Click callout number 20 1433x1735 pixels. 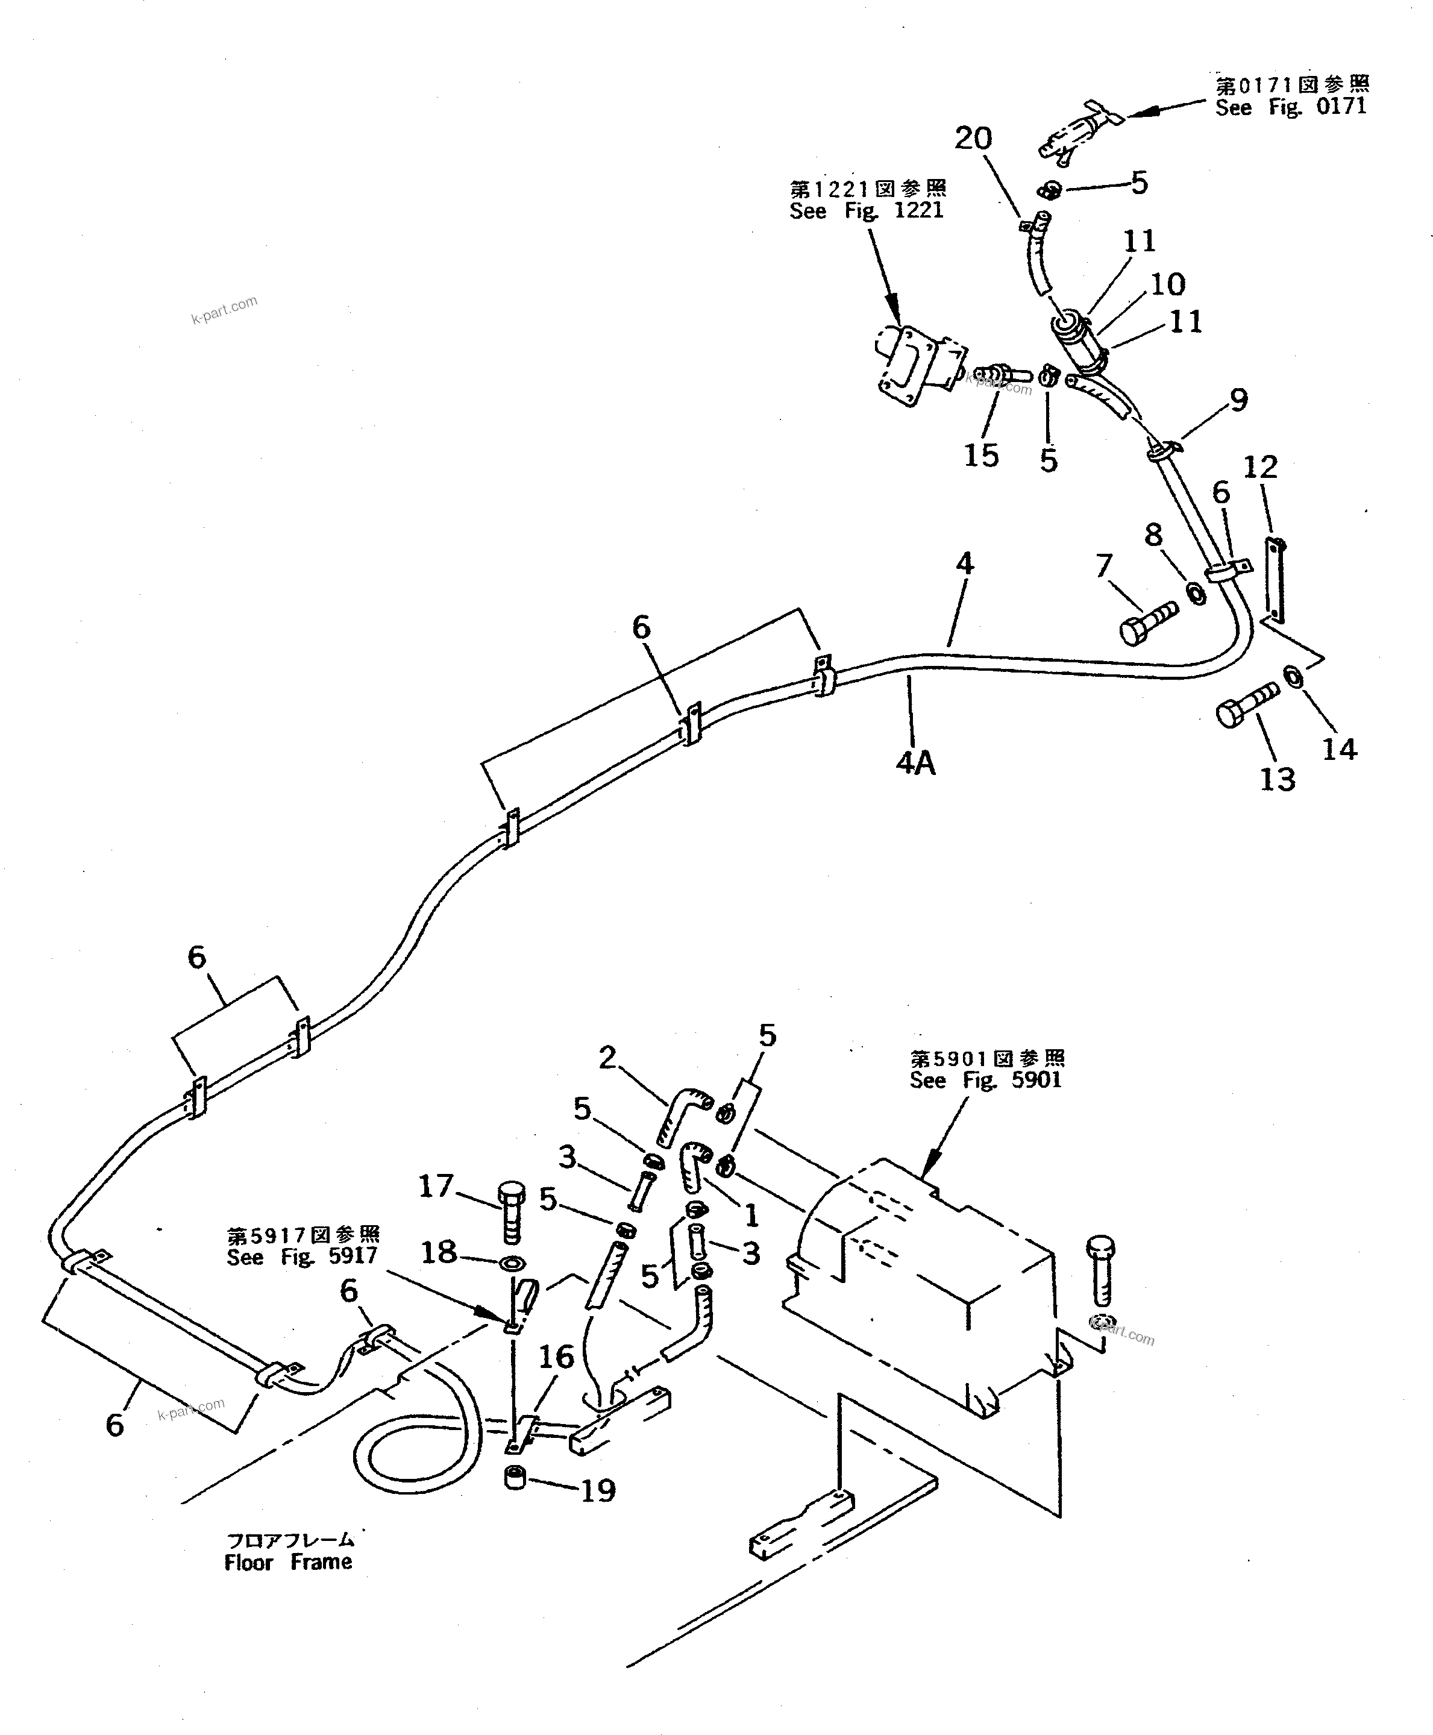[973, 139]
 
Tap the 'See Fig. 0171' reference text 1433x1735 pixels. [1290, 107]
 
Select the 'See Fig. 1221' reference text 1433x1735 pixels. [866, 210]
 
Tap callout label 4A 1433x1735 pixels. [915, 764]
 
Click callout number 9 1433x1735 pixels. [1238, 400]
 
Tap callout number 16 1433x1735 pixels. [556, 1356]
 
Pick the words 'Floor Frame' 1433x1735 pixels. [288, 1561]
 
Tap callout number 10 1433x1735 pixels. [1167, 285]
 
